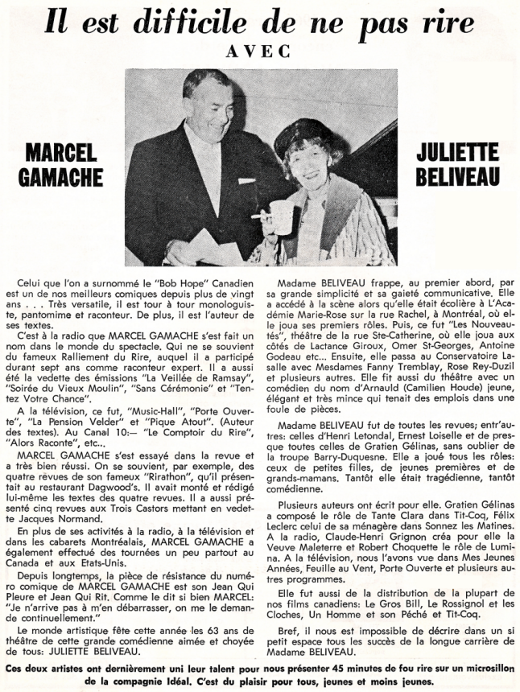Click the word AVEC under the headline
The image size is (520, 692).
260,49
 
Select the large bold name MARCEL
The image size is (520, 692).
60,153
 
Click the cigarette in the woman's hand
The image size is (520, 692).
259,216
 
